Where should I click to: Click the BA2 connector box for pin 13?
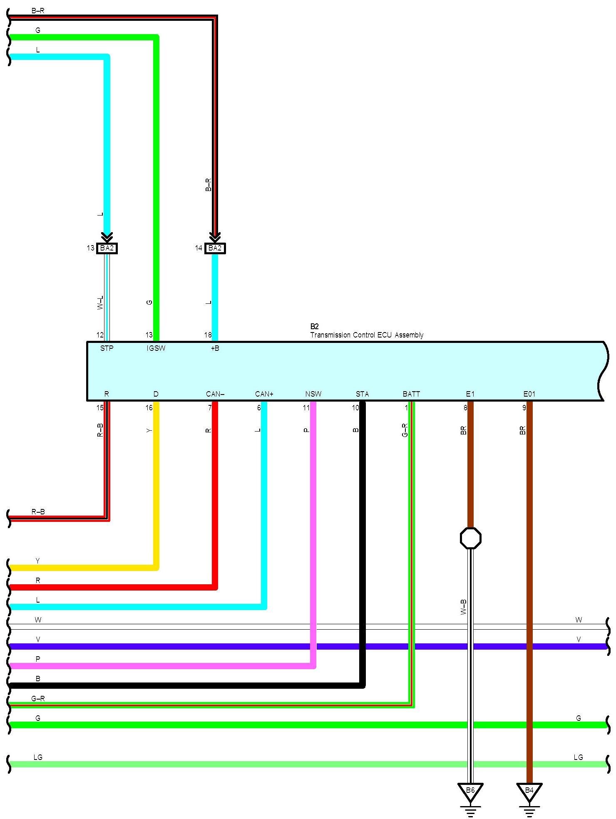pos(107,248)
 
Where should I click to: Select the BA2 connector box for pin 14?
pos(215,248)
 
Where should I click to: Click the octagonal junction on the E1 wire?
pos(471,538)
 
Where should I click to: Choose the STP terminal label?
pos(107,348)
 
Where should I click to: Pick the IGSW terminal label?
pos(156,348)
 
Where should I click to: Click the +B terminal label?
pos(215,348)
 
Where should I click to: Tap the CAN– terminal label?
pos(215,394)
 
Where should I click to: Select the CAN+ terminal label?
pos(264,394)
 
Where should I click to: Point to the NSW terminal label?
pos(313,394)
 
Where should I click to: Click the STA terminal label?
pos(362,394)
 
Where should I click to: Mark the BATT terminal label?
pos(411,394)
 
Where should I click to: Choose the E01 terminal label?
pos(529,394)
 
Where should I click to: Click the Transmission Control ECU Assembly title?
pos(367,335)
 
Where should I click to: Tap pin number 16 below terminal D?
pos(149,408)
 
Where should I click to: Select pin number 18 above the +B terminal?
pos(208,335)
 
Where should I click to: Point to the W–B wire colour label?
pos(464,607)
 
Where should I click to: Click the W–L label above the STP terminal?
pos(100,303)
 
